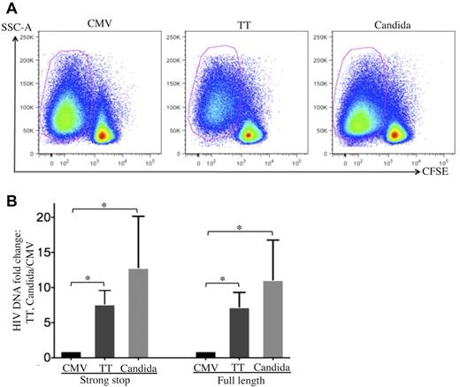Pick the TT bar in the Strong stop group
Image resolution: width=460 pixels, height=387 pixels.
(x=104, y=330)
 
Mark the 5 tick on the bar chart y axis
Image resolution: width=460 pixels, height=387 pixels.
(x=50, y=322)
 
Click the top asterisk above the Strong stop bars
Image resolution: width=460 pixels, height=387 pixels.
(x=103, y=205)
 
